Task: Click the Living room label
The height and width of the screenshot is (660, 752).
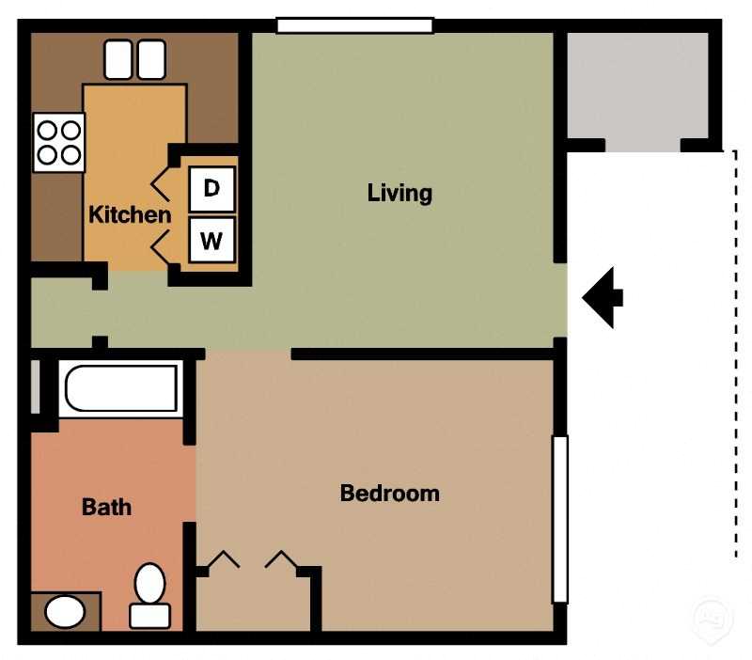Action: [x=399, y=194]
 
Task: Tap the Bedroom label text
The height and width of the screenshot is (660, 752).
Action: [x=389, y=493]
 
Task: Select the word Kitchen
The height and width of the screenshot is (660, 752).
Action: [x=130, y=214]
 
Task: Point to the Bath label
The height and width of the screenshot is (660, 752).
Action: [x=106, y=508]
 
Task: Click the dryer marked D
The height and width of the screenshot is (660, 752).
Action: [x=211, y=189]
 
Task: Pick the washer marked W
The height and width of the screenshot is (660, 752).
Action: [x=211, y=241]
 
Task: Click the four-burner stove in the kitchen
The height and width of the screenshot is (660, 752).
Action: [x=58, y=142]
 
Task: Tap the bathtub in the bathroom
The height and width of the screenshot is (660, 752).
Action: [x=118, y=388]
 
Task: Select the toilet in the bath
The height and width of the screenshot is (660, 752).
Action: [x=149, y=594]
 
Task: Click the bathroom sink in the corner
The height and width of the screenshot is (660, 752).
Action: [x=65, y=613]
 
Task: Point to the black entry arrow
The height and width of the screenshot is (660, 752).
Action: [x=603, y=297]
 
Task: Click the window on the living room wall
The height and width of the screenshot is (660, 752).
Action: [x=354, y=25]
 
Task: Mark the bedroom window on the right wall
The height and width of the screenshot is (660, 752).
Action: [x=559, y=518]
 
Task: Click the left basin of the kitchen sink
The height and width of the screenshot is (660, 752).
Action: [x=118, y=59]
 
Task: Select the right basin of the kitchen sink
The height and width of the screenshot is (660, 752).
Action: [x=151, y=59]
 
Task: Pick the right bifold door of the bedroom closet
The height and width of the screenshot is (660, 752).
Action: [x=281, y=561]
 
